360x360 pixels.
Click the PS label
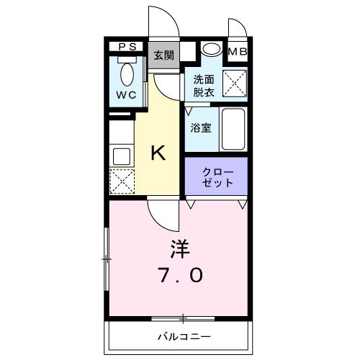[x=127, y=48]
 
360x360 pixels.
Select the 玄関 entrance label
[x=163, y=55]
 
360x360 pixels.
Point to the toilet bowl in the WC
[x=127, y=74]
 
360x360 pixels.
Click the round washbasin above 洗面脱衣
[x=211, y=50]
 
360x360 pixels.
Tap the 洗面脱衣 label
[x=202, y=86]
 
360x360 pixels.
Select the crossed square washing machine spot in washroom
[x=235, y=85]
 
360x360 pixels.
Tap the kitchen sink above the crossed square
[x=120, y=154]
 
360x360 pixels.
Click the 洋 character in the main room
[x=180, y=249]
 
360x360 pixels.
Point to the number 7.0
[x=181, y=275]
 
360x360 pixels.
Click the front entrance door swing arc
[x=163, y=20]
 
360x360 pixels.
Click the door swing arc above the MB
[x=237, y=28]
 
